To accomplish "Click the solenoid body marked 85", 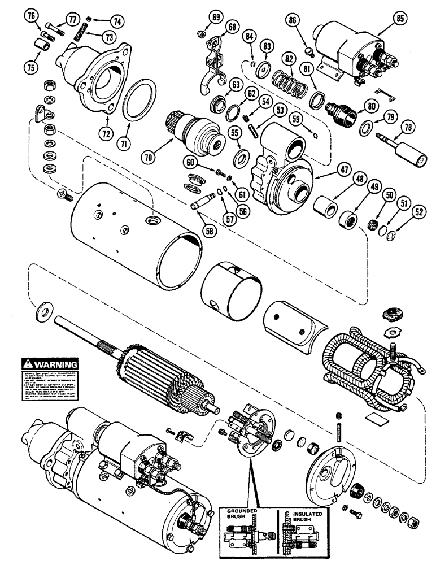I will click(345, 45).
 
